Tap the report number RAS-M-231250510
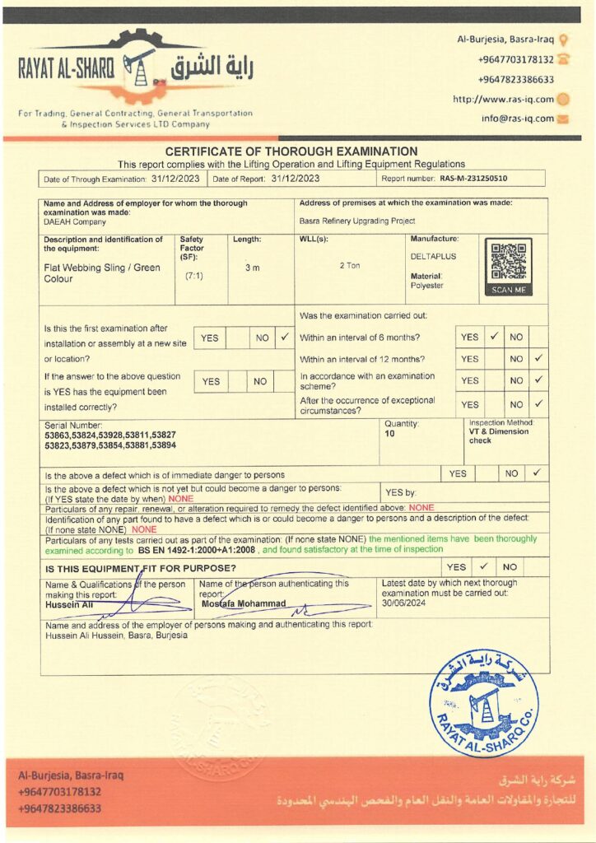click(x=473, y=178)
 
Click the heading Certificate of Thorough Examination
click(x=291, y=151)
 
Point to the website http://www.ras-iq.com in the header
click(x=503, y=99)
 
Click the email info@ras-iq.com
click(x=518, y=118)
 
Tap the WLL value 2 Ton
click(x=350, y=265)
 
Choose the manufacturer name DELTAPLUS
click(x=433, y=256)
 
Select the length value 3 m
click(x=253, y=268)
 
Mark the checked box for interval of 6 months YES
click(x=494, y=337)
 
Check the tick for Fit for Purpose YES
click(x=483, y=566)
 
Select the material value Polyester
click(x=426, y=286)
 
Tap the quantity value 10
click(x=389, y=433)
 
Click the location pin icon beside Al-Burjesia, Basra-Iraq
click(x=564, y=40)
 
